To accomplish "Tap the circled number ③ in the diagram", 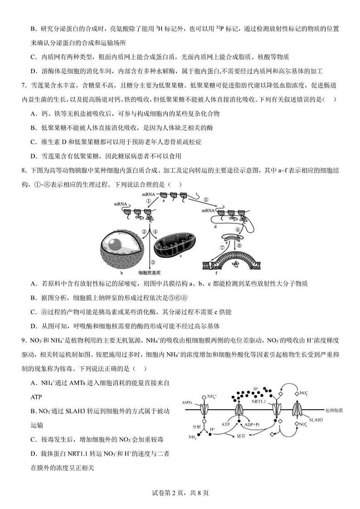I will [153, 262].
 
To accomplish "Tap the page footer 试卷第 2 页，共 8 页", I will [180, 493].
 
